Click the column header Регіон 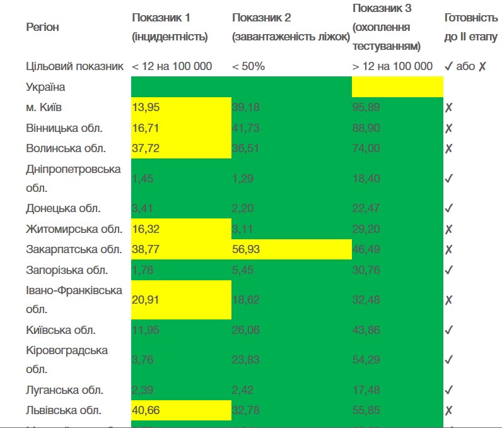coord(43,27)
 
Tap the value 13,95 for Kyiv coord(146,107)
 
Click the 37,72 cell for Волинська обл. coord(146,149)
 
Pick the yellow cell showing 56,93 coord(246,249)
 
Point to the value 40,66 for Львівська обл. coord(146,410)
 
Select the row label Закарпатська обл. coord(73,249)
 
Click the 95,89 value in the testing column coord(366,107)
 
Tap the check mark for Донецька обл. coord(448,208)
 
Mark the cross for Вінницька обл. coord(448,129)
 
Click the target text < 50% coord(248,66)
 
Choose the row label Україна coord(45,87)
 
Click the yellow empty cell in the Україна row coord(397,87)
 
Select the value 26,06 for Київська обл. coord(246,330)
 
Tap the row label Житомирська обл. coord(73,229)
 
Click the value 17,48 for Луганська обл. coord(366,390)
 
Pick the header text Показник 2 coord(261,18)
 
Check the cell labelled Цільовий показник coord(74,66)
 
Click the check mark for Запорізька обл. coord(448,270)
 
